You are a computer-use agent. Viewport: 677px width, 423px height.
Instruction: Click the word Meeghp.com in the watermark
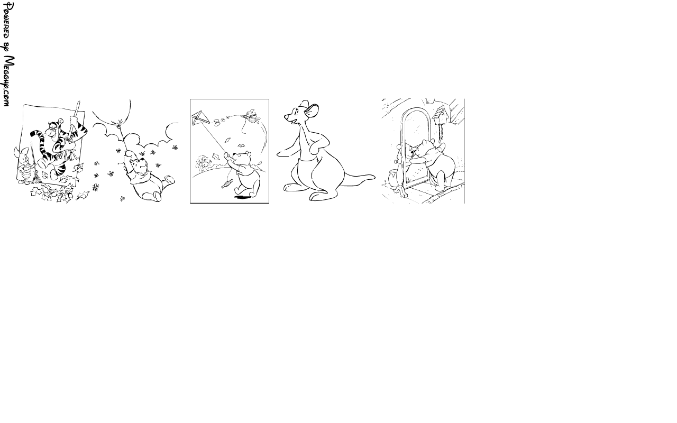9,81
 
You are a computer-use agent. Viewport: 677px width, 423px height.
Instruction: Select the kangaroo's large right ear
312,111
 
